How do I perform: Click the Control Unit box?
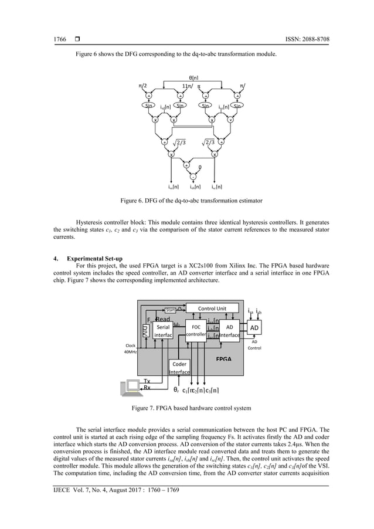click(212, 307)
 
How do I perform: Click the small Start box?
click(170, 310)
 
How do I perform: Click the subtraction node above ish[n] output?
click(192, 176)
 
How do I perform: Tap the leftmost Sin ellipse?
click(149, 107)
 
